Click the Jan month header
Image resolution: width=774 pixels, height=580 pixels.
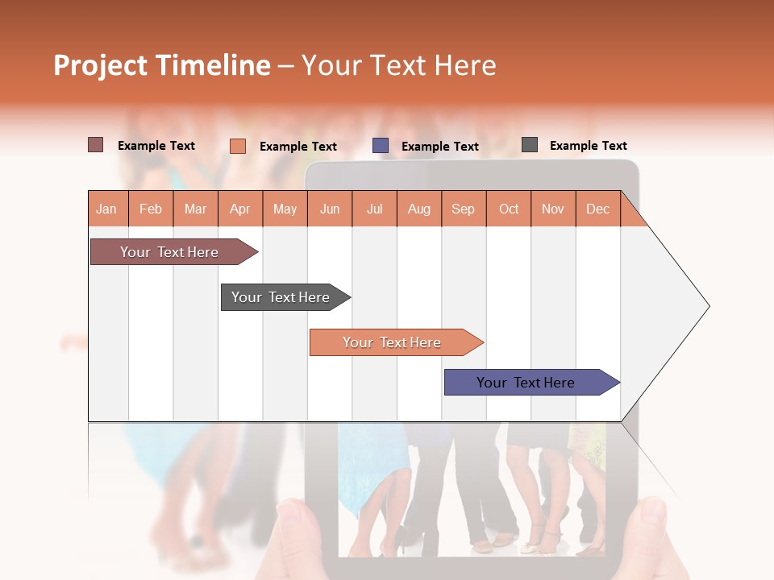pyautogui.click(x=107, y=209)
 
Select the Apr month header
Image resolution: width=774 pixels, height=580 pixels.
pyautogui.click(x=240, y=209)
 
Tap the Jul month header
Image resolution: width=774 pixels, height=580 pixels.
pyautogui.click(x=374, y=209)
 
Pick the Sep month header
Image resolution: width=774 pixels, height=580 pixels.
pyautogui.click(x=463, y=209)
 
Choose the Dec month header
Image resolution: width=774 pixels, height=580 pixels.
pyautogui.click(x=597, y=209)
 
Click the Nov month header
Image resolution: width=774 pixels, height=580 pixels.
pyautogui.click(x=553, y=209)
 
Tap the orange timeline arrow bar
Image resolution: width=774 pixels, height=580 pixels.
pyautogui.click(x=392, y=342)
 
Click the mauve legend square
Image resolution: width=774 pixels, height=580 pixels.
pyautogui.click(x=96, y=145)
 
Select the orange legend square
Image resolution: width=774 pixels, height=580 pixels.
pyautogui.click(x=238, y=146)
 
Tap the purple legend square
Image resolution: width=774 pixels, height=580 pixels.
pyautogui.click(x=381, y=146)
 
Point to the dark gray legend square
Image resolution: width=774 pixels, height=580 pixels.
pyautogui.click(x=530, y=145)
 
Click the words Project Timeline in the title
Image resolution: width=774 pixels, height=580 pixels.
pyautogui.click(x=161, y=65)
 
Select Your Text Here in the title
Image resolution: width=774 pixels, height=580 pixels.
pyautogui.click(x=398, y=65)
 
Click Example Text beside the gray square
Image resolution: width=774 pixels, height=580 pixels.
pyautogui.click(x=588, y=146)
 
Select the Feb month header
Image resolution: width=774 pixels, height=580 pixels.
pyautogui.click(x=151, y=209)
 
